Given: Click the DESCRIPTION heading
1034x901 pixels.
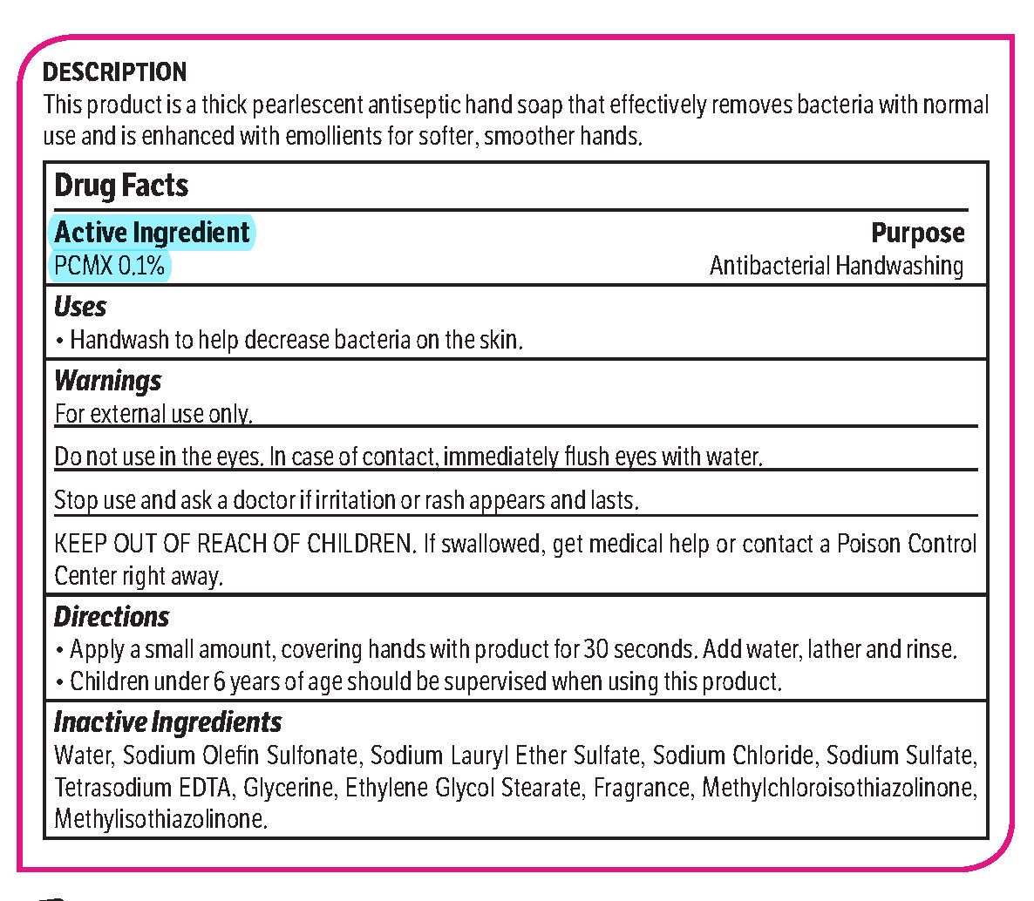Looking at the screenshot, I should tap(114, 71).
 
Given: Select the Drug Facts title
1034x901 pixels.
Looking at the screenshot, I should tap(121, 186).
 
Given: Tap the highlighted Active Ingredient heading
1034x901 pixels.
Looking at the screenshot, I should tap(153, 233).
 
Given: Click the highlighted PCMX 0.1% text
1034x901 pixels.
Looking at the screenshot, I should tap(109, 265).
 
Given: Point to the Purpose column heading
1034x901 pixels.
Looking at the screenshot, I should tap(918, 234).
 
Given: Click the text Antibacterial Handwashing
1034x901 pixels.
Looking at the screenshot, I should tap(836, 265).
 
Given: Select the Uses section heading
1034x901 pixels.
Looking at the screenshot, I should tap(80, 307).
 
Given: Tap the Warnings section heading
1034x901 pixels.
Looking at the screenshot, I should tap(107, 381).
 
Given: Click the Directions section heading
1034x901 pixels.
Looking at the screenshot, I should tap(112, 617).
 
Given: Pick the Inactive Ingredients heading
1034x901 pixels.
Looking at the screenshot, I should tap(167, 722).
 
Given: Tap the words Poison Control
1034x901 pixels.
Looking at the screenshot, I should tap(907, 544).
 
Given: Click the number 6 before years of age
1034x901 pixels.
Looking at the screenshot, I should tap(220, 681).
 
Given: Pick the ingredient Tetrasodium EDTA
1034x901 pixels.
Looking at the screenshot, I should tap(143, 788).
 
